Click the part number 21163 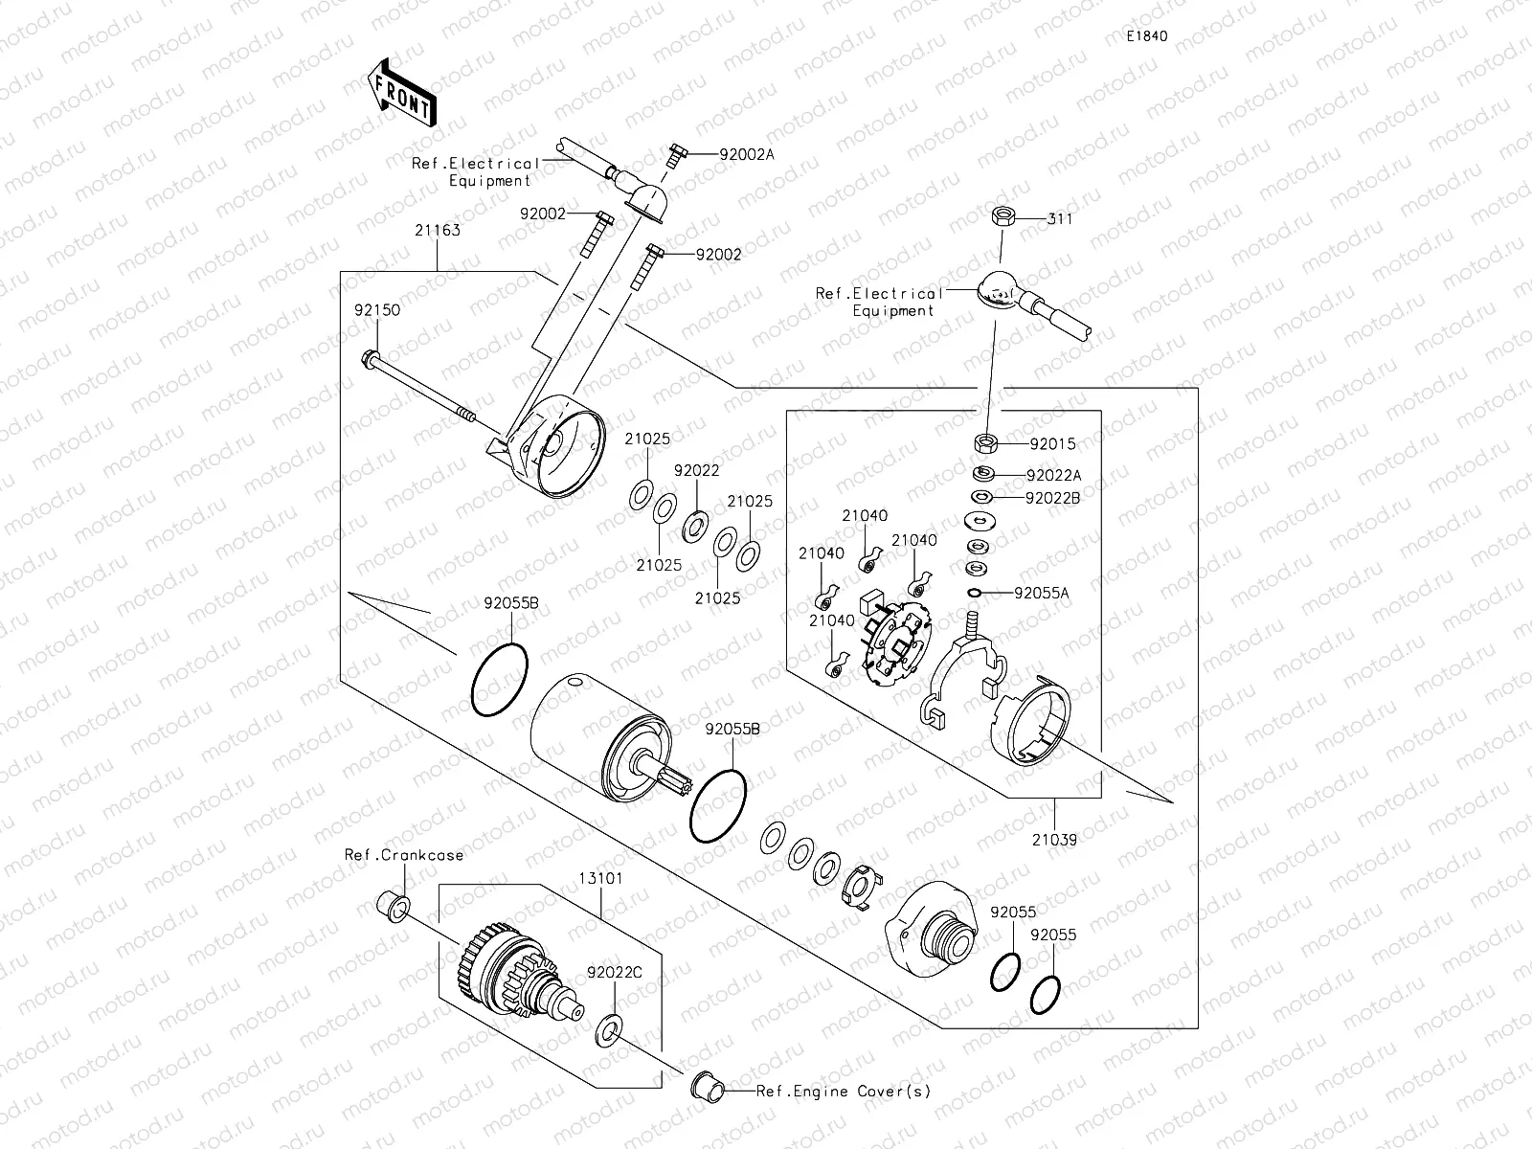(437, 230)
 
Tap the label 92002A (733, 153)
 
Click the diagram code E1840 (1146, 36)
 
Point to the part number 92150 (376, 310)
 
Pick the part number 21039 (1053, 840)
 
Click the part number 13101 (600, 877)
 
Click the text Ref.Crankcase (404, 854)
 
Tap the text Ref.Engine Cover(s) (843, 1091)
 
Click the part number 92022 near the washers (696, 471)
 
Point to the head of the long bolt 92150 (370, 360)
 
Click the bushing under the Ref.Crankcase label (394, 903)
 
